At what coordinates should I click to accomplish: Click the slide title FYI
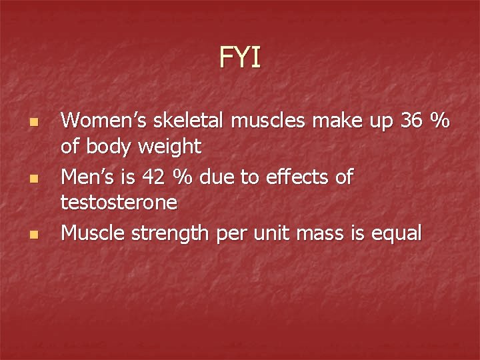[240, 58]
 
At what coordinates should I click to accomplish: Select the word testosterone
[119, 201]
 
